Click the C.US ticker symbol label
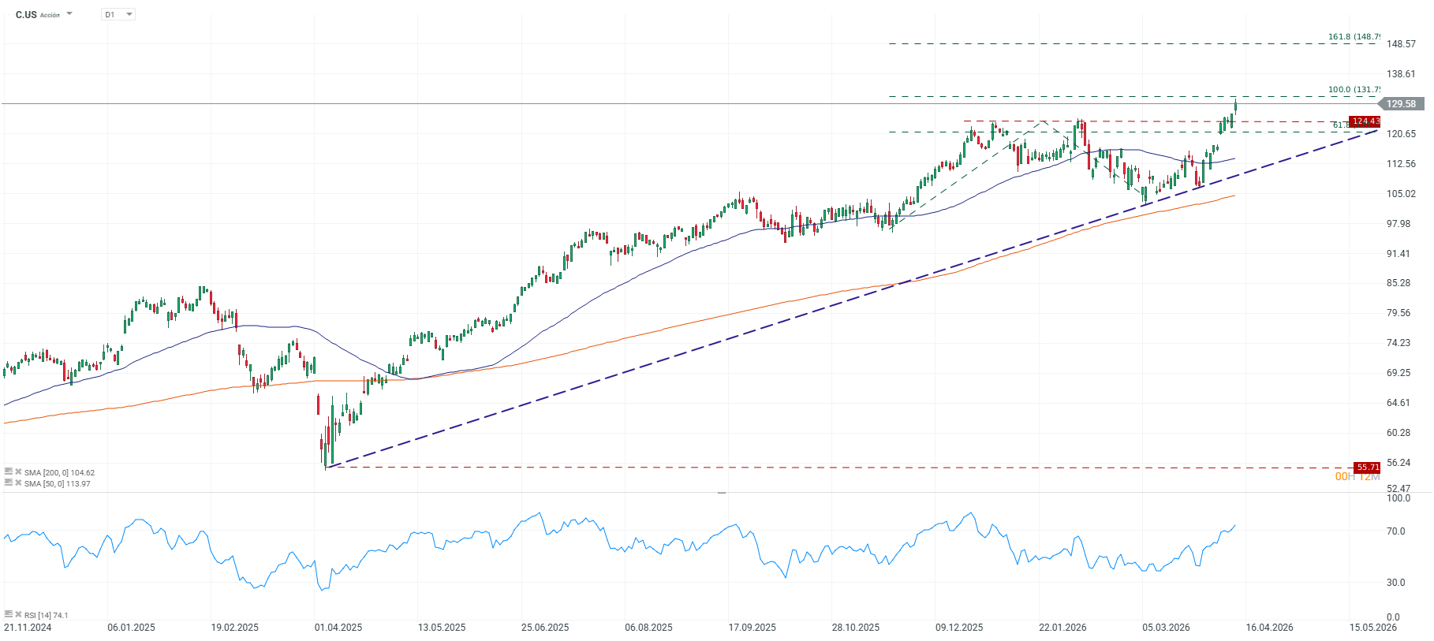[x=26, y=14]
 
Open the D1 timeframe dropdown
[x=118, y=14]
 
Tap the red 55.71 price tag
[x=1367, y=468]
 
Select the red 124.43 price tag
[x=1365, y=121]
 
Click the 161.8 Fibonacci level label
[x=1354, y=37]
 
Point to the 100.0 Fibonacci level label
[x=1354, y=90]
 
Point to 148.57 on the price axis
[x=1401, y=44]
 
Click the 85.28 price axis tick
[x=1399, y=283]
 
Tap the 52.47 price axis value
[x=1399, y=489]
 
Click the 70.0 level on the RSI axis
[x=1395, y=531]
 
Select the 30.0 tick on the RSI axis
[x=1395, y=583]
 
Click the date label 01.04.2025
[x=338, y=628]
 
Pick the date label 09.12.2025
[x=959, y=628]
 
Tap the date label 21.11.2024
[x=28, y=628]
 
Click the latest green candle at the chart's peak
[x=1235, y=108]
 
